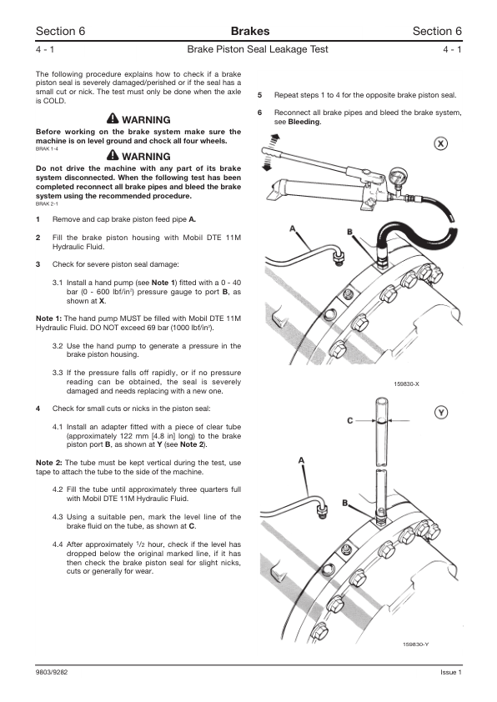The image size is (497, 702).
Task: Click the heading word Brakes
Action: [250, 31]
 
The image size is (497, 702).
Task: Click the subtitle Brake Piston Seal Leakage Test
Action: [258, 49]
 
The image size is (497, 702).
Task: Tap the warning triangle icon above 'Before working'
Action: [113, 118]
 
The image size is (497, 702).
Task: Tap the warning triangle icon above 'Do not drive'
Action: [113, 155]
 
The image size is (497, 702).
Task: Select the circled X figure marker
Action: [441, 143]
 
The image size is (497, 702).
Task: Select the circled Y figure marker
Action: [441, 413]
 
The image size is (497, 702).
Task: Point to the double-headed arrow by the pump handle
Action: [269, 153]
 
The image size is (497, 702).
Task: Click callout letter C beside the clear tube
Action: [350, 421]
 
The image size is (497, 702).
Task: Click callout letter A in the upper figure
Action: [293, 228]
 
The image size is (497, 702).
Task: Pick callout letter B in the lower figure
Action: [345, 503]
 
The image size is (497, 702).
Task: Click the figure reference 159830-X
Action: [407, 384]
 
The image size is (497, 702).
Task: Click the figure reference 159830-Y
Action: [416, 644]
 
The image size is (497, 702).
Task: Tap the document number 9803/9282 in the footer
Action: [52, 672]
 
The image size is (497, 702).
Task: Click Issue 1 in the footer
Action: [451, 672]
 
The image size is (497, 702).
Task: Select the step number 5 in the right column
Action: [259, 95]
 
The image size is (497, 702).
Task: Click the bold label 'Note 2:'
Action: [49, 463]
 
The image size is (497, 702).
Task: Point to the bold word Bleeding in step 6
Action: [304, 122]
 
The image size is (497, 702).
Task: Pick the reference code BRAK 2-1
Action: [47, 204]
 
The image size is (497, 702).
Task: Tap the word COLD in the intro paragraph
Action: [54, 101]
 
